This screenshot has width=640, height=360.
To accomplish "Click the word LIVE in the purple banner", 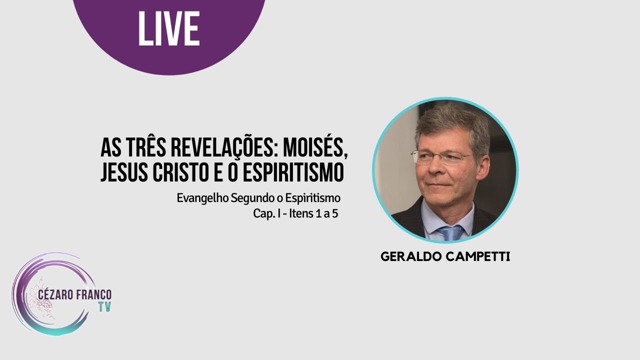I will click(x=168, y=28).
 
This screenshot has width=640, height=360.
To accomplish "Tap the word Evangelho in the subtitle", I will click(x=202, y=198).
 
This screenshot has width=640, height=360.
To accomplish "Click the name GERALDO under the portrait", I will click(x=413, y=257).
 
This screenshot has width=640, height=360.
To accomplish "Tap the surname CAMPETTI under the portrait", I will click(x=478, y=257).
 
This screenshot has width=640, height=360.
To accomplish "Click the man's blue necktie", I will click(x=451, y=232).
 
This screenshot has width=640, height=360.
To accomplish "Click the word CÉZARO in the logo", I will click(x=54, y=295).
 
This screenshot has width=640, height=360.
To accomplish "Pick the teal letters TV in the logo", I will click(x=104, y=306).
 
